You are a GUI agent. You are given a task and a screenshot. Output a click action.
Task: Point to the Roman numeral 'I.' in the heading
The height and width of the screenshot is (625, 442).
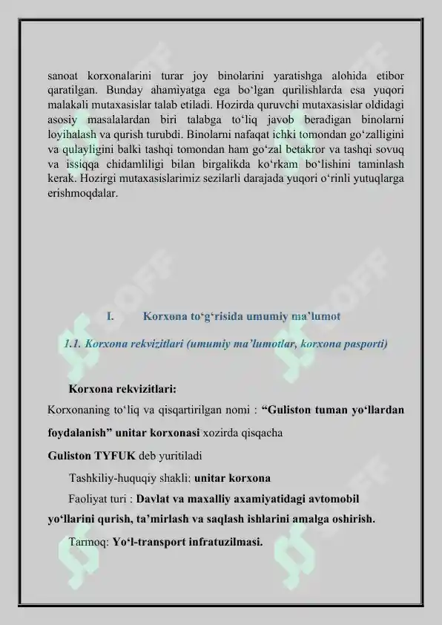[109, 317]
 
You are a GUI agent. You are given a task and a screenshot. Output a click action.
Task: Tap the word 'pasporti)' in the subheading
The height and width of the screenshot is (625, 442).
[363, 344]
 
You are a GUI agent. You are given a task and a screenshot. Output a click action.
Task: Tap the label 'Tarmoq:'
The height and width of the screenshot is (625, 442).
[88, 541]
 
